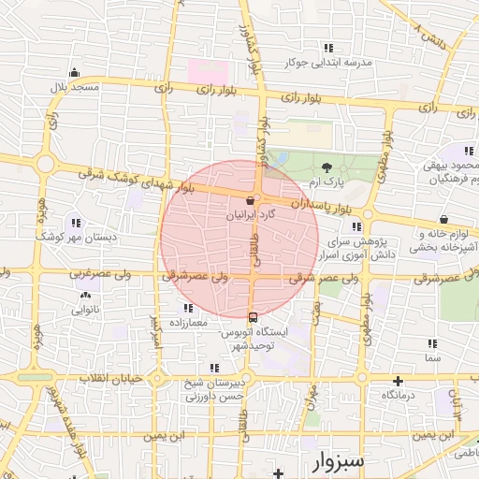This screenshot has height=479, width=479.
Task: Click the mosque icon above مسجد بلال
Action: pos(74,71)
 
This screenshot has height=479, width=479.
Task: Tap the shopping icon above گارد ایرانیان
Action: pos(250,200)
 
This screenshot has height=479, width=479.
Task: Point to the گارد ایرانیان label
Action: pos(253,214)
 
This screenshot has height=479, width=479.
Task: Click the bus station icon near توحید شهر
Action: pos(251,316)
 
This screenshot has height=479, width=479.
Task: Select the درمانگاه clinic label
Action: pos(399,396)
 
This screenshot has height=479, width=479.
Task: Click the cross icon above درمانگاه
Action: pos(399,381)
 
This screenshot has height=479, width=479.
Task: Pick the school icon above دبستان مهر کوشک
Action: pos(75,223)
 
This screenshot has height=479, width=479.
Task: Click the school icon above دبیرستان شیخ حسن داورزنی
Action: pos(214,368)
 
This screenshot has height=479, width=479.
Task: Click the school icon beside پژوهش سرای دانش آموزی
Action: pos(355,225)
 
